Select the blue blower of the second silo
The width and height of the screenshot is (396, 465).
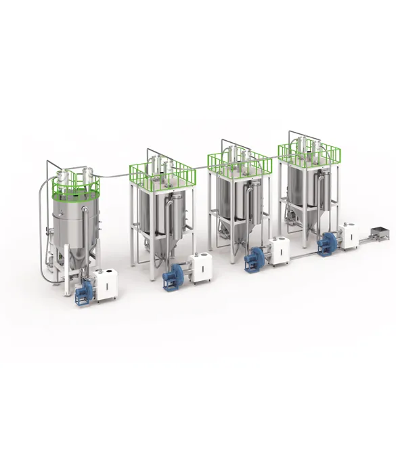[172, 277]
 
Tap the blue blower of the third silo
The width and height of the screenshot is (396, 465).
[256, 258]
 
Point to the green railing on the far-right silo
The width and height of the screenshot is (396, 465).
[308, 150]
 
